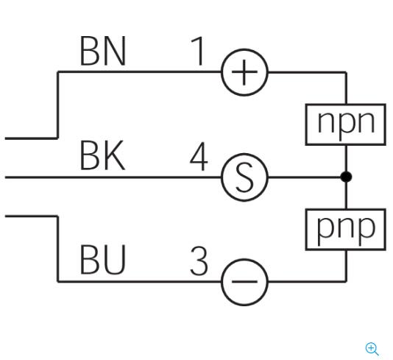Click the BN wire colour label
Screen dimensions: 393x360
pyautogui.click(x=102, y=51)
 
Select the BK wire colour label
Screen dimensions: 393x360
pyautogui.click(x=102, y=155)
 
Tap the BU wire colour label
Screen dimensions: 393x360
pyautogui.click(x=102, y=259)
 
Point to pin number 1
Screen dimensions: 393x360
pyautogui.click(x=198, y=51)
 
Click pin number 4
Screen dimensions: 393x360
pyautogui.click(x=199, y=156)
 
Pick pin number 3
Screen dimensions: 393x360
pyautogui.click(x=199, y=261)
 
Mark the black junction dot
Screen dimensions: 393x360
pyautogui.click(x=346, y=177)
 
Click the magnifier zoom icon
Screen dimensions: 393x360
pyautogui.click(x=372, y=349)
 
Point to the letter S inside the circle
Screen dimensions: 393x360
pyautogui.click(x=244, y=177)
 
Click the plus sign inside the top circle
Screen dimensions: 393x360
pyautogui.click(x=244, y=72)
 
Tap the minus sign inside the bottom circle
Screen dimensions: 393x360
pyautogui.click(x=244, y=281)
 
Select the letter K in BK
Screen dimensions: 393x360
pyautogui.click(x=115, y=155)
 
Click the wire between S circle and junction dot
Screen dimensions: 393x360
pyautogui.click(x=305, y=177)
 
